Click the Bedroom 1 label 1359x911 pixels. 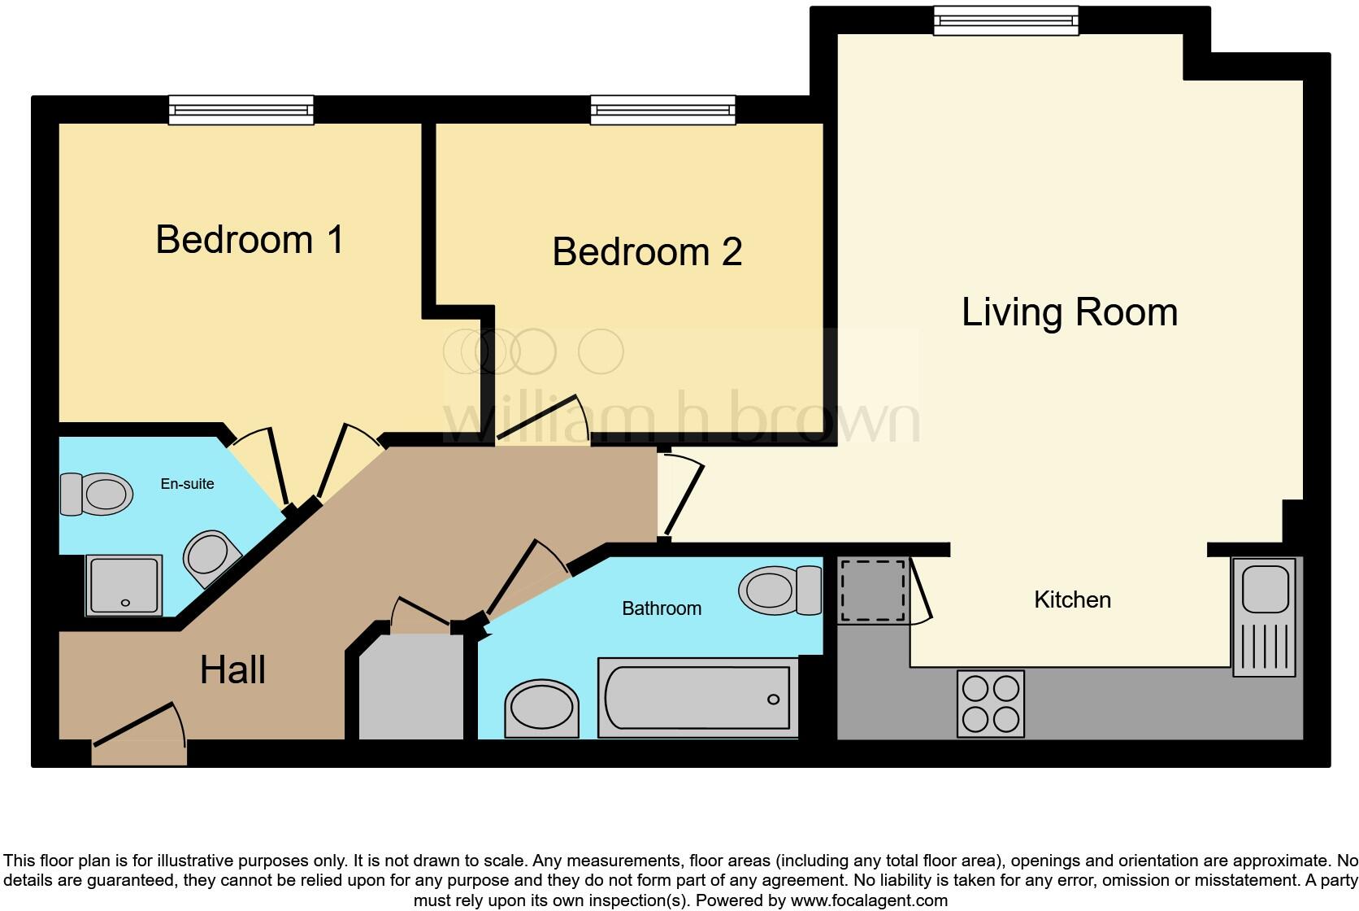coord(250,240)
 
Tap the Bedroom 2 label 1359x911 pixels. coord(647,252)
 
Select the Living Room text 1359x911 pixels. coord(1069,312)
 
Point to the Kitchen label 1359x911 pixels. coord(1072,600)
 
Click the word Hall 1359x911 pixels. coord(232,670)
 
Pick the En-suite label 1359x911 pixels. coord(187,484)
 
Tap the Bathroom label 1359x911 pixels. coord(661,608)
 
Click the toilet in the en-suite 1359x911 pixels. coord(97,494)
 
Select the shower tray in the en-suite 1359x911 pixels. coord(124,585)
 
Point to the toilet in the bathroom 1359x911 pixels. coord(779,590)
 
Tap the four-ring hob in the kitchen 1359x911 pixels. coord(990,704)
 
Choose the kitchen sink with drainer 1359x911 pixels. coord(1264,617)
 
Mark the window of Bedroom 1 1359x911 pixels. coord(241,110)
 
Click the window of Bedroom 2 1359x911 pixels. coord(662,110)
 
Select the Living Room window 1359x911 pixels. coord(1005,20)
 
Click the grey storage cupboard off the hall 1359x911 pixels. coord(410,687)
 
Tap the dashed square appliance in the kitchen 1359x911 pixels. coord(872,591)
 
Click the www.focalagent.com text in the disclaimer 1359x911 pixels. coord(868,900)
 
